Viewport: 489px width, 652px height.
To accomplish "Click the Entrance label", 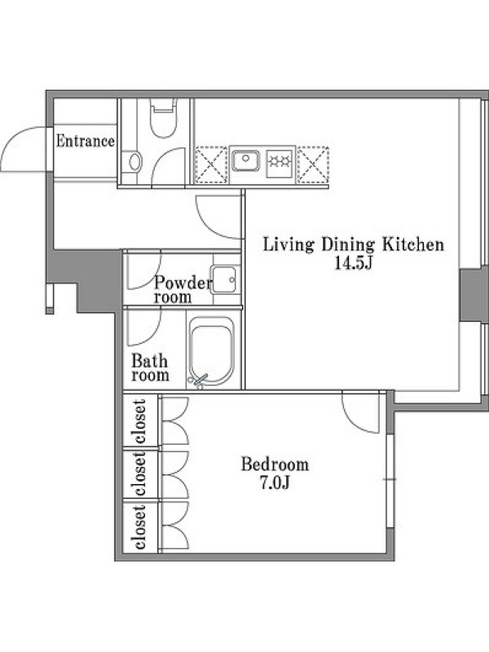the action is point(86,141).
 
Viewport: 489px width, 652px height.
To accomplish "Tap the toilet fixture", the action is point(164,118).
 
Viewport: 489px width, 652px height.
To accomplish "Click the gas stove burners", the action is point(280,161).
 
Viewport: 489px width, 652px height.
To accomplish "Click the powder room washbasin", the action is point(225,280).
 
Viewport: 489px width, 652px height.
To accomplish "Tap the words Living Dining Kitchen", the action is point(354,244).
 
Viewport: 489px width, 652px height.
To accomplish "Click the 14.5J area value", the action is point(353,263).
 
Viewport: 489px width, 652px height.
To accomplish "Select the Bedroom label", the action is point(275,464).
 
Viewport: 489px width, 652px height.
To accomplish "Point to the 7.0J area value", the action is point(275,482).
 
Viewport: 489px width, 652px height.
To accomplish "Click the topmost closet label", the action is point(139,421).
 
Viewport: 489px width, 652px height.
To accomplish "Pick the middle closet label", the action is point(139,474).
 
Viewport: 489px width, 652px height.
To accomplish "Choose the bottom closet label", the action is point(139,526).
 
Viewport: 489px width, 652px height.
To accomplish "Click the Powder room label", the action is point(182,290).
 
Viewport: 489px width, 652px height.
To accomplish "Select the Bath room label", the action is point(150,368).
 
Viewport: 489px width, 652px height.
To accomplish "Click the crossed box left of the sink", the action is point(211,165).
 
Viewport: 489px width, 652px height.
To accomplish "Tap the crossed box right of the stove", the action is point(313,165).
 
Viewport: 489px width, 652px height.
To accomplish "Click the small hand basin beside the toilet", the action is point(134,161).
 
